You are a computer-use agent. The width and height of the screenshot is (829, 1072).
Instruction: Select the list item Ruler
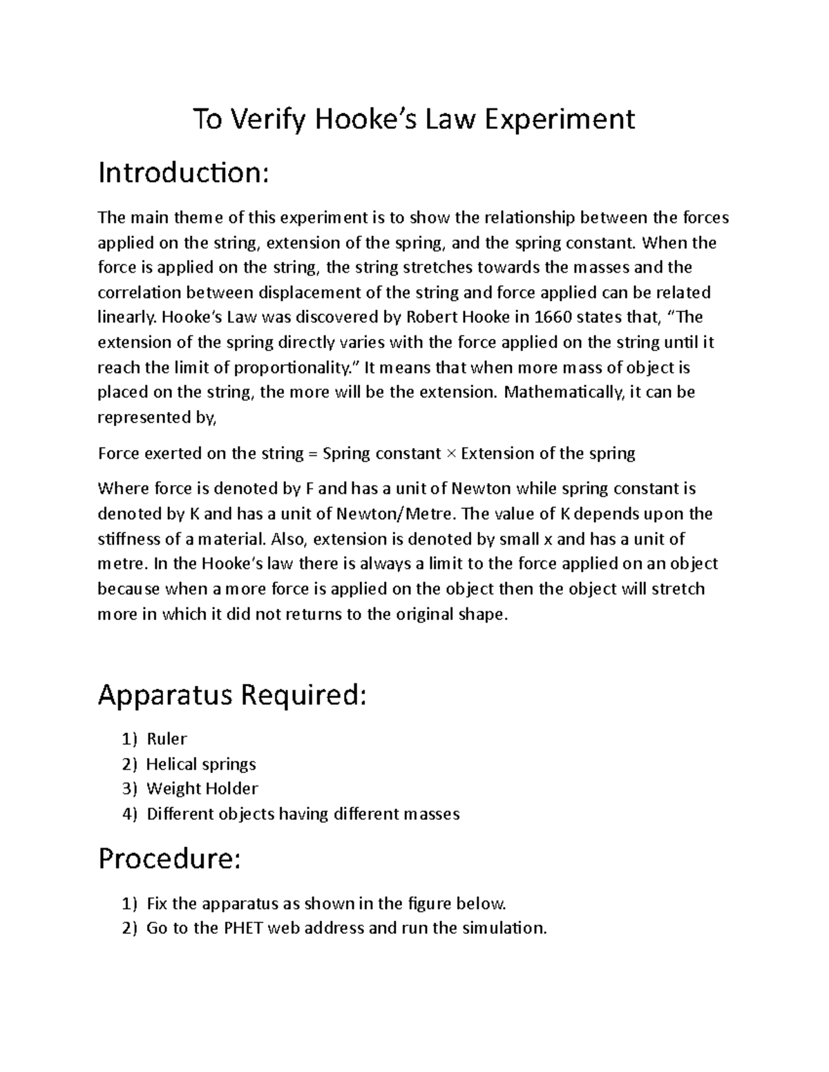click(166, 739)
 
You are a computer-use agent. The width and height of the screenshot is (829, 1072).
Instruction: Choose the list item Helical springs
click(201, 764)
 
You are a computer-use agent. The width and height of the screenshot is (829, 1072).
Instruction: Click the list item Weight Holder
click(202, 789)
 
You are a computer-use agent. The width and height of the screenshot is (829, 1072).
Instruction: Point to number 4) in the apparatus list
click(130, 815)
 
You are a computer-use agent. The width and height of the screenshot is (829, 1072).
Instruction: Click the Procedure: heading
click(169, 859)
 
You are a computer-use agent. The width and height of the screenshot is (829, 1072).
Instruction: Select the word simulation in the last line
click(504, 928)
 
